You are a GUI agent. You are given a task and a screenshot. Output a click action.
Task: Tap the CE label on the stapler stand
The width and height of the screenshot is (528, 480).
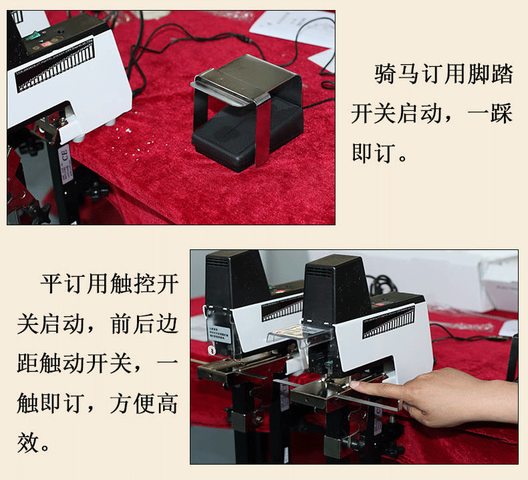64,164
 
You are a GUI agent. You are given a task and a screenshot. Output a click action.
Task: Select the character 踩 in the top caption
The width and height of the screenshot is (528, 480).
502,113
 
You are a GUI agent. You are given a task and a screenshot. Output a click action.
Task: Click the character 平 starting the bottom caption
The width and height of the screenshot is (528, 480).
51,283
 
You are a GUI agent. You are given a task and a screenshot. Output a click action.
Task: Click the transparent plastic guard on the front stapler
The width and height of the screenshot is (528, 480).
299,335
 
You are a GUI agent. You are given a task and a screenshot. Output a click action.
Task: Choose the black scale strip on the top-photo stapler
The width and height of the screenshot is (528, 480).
55,66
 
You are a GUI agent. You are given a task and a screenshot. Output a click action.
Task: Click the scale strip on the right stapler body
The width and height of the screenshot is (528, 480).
388,322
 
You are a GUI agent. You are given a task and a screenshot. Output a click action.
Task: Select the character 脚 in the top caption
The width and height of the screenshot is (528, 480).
479,74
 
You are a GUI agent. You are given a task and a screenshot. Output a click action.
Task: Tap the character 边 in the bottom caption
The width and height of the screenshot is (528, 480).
166,324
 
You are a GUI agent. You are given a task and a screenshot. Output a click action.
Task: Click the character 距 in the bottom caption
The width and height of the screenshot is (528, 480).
28,363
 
